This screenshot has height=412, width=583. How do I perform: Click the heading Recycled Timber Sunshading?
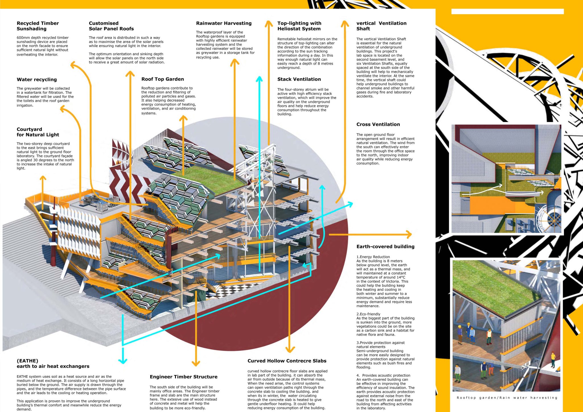click(38, 26)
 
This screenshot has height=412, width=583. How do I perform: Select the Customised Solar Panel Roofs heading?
click(111, 26)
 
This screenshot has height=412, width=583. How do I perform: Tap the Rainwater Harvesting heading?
click(224, 23)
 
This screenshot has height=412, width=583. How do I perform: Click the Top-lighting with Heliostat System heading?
click(299, 26)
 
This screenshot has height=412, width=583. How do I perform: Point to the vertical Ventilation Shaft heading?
click(381, 26)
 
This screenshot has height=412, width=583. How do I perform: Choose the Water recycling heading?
click(37, 80)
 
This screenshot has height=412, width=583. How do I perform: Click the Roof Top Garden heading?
click(163, 79)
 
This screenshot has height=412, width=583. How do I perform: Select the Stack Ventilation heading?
click(299, 79)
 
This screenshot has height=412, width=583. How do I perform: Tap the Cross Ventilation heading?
click(378, 124)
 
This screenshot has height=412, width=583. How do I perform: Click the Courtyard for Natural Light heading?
click(38, 132)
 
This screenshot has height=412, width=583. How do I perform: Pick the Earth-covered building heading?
click(385, 247)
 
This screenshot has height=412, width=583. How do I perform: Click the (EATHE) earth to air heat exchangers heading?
click(53, 364)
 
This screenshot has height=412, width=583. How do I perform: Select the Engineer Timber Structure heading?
click(183, 377)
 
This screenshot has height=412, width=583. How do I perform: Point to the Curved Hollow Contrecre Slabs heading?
click(287, 361)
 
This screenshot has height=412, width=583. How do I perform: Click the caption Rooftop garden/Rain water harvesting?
click(507, 398)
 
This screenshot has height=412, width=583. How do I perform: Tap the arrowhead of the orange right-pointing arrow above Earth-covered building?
click(409, 235)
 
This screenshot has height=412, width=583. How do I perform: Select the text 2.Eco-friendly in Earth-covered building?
click(368, 314)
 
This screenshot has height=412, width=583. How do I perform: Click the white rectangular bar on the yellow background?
click(507, 11)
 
